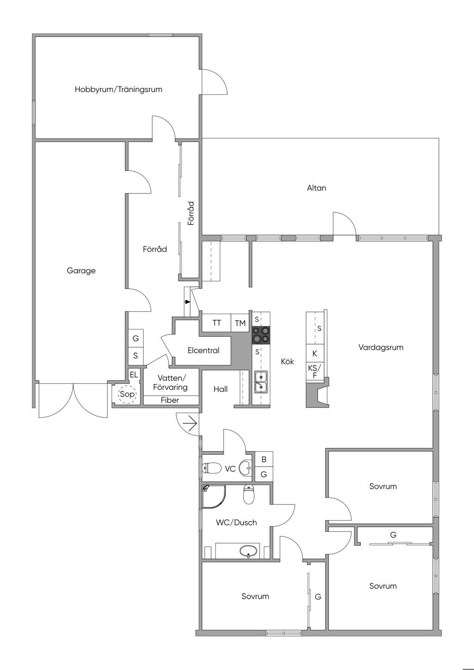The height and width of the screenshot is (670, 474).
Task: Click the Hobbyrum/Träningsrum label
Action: (118, 89)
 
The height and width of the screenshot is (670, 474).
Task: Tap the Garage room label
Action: (81, 271)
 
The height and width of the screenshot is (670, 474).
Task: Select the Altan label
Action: (317, 188)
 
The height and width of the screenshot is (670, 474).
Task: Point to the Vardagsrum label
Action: (381, 347)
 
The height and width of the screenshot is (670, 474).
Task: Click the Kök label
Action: (287, 361)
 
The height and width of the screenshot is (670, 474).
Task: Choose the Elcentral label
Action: (203, 350)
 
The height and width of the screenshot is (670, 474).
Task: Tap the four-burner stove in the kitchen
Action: (261, 335)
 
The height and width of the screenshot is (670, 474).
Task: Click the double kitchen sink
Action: (261, 382)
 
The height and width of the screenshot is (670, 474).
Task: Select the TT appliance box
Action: (217, 323)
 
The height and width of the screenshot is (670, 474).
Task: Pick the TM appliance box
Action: (240, 323)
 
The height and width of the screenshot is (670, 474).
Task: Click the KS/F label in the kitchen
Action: (315, 371)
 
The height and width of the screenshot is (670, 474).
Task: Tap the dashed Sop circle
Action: (127, 395)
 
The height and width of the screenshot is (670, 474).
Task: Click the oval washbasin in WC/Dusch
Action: (249, 551)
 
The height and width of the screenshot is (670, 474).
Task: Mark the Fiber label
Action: (170, 400)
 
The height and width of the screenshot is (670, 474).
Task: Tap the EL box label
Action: (134, 375)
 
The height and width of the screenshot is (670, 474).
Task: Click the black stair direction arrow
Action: (187, 302)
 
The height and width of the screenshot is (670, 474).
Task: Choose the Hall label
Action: (221, 389)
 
